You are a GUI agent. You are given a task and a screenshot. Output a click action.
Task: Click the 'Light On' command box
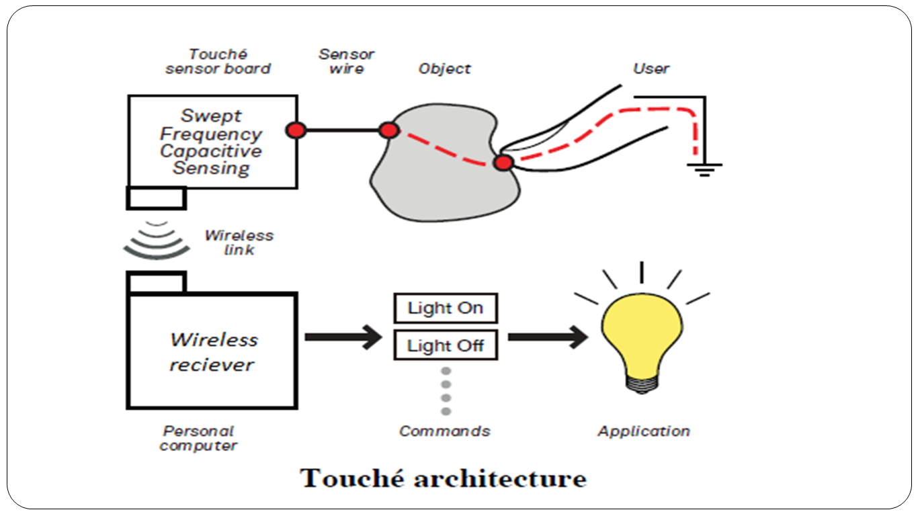445,308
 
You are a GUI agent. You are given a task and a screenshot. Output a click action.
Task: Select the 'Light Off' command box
445,346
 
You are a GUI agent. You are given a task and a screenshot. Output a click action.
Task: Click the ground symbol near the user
704,169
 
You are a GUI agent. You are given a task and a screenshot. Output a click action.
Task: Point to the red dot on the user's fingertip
503,163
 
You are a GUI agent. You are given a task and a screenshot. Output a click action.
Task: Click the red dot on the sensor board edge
296,130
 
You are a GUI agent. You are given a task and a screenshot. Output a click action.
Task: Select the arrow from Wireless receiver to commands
343,337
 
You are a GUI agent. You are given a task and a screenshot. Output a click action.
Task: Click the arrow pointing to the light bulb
547,337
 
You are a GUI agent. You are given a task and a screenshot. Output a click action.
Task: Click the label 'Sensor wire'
346,61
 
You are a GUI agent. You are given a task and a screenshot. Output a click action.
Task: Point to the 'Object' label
444,69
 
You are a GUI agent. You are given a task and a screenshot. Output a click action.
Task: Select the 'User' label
651,69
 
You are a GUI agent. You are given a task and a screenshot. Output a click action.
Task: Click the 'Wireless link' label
239,243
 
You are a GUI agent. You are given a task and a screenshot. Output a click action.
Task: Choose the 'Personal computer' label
198,438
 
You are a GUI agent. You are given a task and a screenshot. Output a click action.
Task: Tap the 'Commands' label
444,431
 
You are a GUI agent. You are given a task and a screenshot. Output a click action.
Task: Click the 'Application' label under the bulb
643,431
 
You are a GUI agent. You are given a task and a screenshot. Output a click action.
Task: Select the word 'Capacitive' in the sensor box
211,151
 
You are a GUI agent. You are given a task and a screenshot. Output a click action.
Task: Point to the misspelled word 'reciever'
212,365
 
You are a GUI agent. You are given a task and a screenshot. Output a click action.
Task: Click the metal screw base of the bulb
641,384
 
